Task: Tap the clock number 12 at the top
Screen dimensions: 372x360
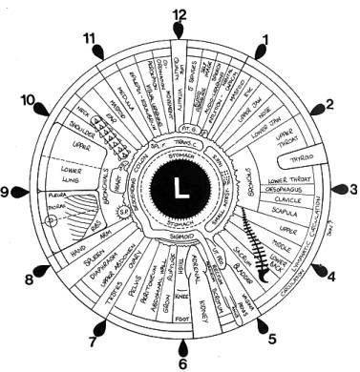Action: coord(180,14)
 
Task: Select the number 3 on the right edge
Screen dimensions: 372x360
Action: coord(353,191)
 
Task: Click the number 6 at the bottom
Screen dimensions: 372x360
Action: coord(182,364)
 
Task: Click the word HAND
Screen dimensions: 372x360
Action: coord(53,251)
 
